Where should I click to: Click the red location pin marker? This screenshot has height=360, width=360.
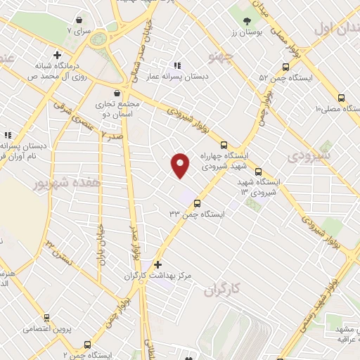click(181, 165)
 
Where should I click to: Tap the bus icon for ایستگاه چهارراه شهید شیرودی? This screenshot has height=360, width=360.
click(224, 144)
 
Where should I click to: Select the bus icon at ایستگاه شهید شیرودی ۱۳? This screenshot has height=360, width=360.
click(258, 171)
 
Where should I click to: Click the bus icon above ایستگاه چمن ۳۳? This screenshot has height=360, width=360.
click(194, 202)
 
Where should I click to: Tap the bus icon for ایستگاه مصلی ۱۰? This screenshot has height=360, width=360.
click(341, 98)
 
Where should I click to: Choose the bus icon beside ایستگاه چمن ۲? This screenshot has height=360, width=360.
click(87, 345)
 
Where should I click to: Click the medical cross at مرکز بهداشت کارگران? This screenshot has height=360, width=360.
click(157, 264)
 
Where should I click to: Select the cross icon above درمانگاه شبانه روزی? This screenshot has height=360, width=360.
click(57, 55)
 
